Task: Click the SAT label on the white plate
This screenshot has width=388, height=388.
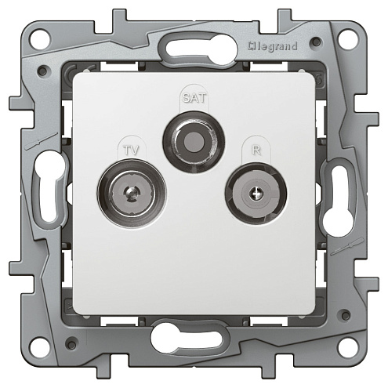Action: pyautogui.click(x=194, y=98)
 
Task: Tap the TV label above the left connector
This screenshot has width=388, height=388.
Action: pyautogui.click(x=132, y=150)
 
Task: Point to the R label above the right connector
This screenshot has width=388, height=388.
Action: pyautogui.click(x=256, y=150)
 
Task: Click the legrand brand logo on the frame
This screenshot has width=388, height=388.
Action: pyautogui.click(x=273, y=47)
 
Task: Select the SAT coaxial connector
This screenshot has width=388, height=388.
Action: pyautogui.click(x=194, y=142)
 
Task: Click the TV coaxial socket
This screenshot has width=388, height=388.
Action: pyautogui.click(x=132, y=194)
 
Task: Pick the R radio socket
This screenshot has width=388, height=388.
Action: pyautogui.click(x=256, y=194)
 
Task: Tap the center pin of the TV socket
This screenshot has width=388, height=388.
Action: pyautogui.click(x=131, y=194)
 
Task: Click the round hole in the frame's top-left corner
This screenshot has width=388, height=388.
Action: pyautogui.click(x=39, y=40)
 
